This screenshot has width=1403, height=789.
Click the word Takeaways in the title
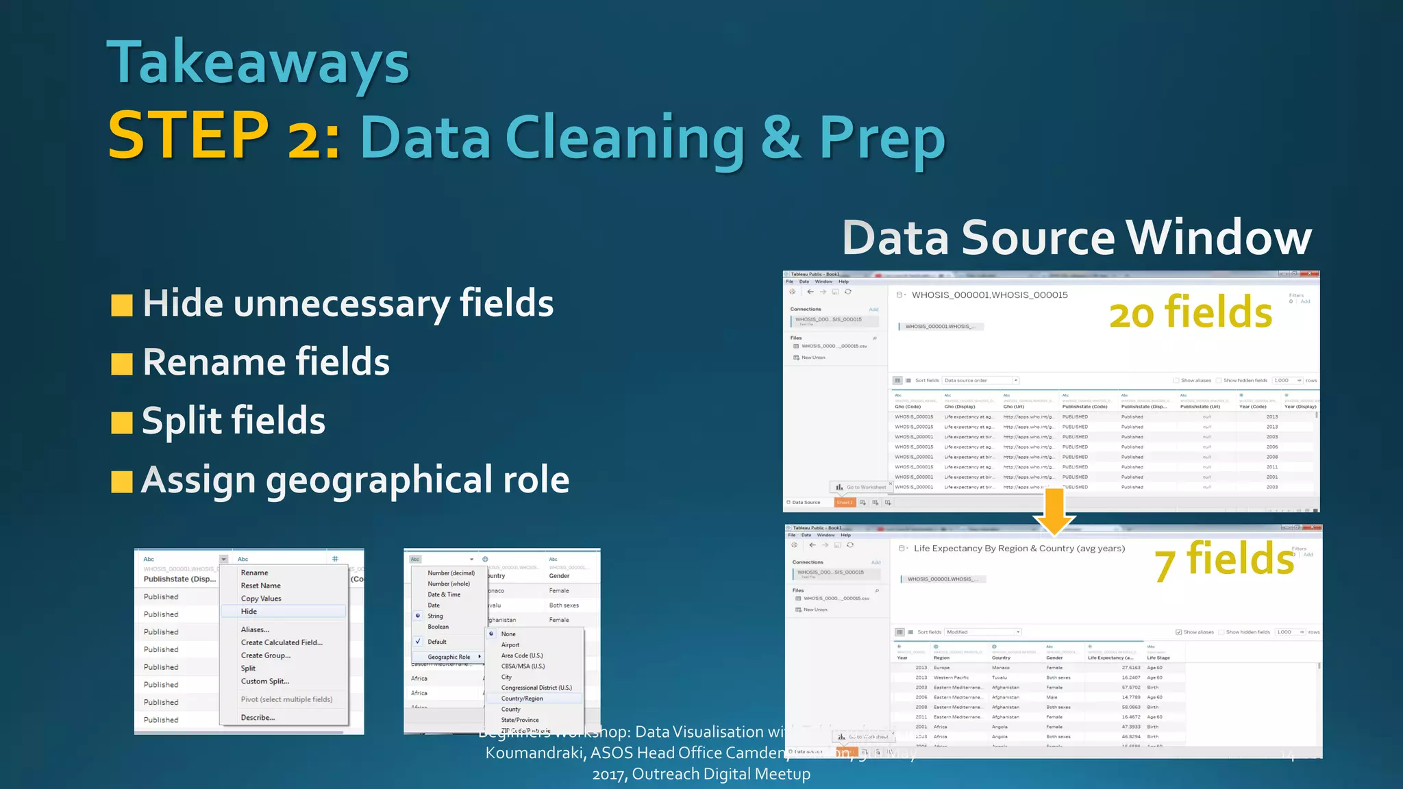point(258,63)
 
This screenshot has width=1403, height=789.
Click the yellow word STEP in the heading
point(188,135)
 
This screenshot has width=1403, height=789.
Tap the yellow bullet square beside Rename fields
point(122,364)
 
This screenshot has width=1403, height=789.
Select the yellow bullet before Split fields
point(122,423)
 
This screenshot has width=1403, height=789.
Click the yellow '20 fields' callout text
point(1191,313)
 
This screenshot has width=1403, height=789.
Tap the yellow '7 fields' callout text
point(1224,560)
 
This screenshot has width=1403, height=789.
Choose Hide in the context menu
point(249,612)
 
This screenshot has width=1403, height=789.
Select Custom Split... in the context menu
point(265,681)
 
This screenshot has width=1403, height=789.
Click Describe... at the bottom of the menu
point(258,718)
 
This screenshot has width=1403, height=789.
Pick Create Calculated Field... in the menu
point(282,642)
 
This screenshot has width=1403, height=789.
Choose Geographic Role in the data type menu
point(449,657)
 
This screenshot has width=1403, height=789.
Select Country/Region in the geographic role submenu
point(522,699)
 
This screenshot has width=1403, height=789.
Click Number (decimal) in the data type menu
point(451,573)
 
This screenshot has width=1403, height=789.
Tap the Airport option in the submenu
point(510,645)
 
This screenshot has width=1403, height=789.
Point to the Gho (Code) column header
point(908,407)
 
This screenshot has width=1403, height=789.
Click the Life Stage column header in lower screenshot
point(1158,657)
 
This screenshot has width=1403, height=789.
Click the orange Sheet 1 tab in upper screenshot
point(844,503)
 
